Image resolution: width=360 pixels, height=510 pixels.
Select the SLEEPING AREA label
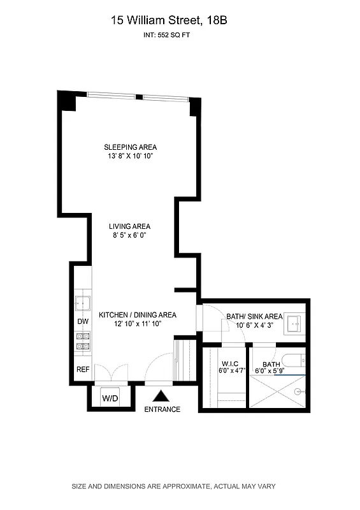click(131, 147)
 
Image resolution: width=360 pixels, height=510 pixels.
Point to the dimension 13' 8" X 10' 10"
click(131, 156)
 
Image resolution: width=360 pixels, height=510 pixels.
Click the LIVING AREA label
click(129, 226)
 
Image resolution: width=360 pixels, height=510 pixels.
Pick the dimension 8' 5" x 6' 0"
click(129, 235)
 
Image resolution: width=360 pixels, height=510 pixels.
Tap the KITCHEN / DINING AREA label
click(137, 315)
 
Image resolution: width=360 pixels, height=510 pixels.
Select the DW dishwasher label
click(83, 322)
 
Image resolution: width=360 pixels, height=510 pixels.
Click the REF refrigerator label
click(83, 369)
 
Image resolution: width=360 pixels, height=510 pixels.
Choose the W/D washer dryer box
click(110, 399)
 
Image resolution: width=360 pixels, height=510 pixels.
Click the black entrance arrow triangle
click(162, 397)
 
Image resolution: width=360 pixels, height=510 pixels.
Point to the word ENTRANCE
click(162, 409)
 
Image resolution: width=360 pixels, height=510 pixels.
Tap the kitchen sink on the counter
click(83, 302)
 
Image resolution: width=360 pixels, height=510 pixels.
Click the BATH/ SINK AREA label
click(254, 316)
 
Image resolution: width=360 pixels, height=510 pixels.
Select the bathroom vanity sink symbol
click(294, 323)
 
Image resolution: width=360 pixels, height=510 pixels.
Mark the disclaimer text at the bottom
click(173, 486)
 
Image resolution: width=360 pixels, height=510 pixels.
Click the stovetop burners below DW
click(83, 341)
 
